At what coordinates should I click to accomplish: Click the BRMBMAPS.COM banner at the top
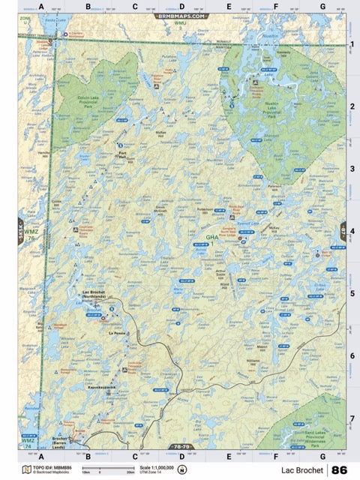[x=181, y=15]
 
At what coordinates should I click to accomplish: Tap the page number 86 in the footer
[x=339, y=469]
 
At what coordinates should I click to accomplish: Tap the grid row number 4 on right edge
[x=352, y=231]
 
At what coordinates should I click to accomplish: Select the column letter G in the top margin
[x=322, y=6]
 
